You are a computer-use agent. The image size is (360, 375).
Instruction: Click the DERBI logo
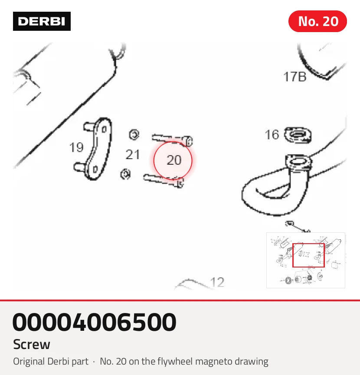42,21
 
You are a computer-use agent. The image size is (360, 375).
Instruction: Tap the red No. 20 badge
317,21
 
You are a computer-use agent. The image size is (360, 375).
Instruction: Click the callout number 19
76,147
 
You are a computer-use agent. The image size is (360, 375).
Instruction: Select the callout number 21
133,154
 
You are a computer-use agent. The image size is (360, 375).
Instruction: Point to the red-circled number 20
174,160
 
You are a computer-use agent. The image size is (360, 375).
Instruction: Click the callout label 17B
295,77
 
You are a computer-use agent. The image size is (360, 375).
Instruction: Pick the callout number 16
272,135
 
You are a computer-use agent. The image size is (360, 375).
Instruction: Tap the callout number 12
217,282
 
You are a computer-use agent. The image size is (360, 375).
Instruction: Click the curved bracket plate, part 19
98,148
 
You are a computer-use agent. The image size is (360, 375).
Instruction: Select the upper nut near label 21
134,135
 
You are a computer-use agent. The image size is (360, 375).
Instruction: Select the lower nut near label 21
125,174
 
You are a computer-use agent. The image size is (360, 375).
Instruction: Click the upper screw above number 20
172,140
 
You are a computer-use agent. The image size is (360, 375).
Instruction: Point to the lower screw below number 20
164,181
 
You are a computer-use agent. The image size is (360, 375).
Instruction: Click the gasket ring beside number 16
298,135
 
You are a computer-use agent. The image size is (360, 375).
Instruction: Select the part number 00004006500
95,322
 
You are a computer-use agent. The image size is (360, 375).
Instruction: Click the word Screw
32,344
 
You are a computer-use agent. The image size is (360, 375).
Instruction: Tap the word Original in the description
29,362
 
